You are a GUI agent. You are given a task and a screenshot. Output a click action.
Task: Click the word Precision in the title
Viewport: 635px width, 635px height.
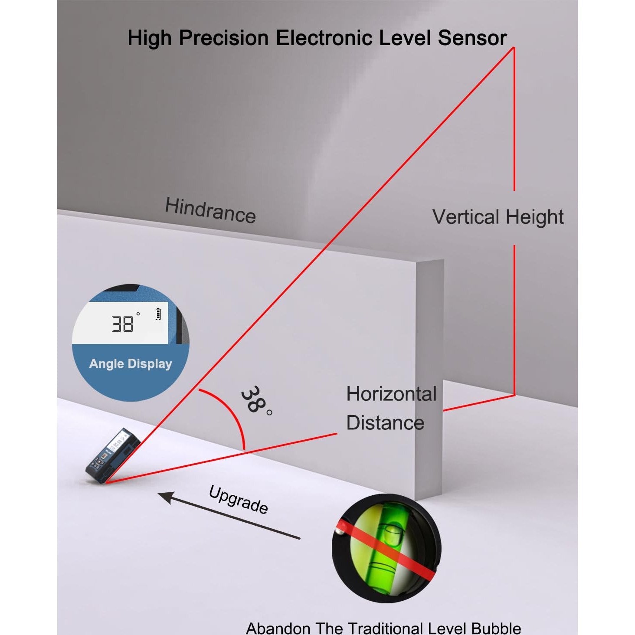224,38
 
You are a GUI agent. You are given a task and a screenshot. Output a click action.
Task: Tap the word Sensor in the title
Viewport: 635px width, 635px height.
472,38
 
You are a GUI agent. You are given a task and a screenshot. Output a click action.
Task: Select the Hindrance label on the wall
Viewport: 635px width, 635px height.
210,210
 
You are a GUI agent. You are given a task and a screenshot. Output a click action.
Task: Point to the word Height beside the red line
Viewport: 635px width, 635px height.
534,217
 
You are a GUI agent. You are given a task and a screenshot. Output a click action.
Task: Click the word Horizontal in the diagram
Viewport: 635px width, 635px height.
392,394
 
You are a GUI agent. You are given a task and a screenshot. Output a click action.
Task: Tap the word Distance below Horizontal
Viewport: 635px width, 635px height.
385,422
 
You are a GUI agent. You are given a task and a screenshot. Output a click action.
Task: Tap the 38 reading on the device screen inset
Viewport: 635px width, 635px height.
122,324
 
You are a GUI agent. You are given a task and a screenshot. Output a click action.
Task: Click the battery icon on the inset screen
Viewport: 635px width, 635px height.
158,314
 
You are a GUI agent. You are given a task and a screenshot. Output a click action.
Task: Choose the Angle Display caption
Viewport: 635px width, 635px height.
131,364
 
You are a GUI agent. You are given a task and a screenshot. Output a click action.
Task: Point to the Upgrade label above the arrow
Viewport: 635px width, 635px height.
238,500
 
